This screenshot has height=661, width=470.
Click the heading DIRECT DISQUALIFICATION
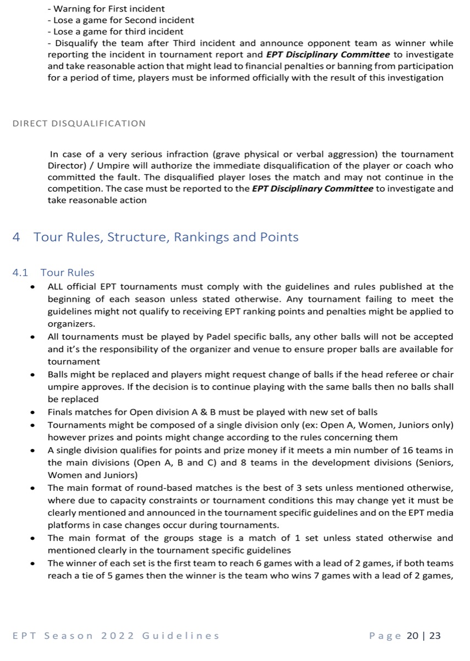(79, 123)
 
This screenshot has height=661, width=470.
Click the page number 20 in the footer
(413, 636)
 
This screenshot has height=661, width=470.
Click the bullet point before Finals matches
(34, 413)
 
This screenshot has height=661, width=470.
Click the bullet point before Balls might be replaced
(34, 375)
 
